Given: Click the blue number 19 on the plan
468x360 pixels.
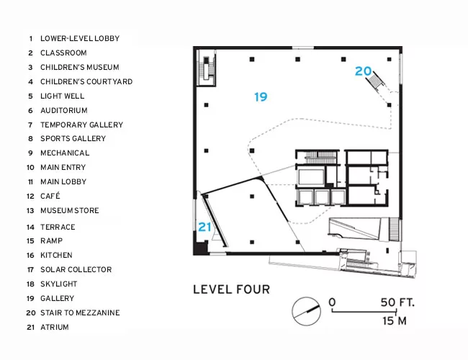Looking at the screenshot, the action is pos(261,96).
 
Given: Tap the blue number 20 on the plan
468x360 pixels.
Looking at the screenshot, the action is pos(363,71).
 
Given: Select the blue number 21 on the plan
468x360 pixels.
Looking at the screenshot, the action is pos(204,227).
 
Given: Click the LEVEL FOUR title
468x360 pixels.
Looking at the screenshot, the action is pos(231,289).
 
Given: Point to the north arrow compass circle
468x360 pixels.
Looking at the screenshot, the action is pos(306,311).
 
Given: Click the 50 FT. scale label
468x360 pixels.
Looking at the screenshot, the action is pos(397,302).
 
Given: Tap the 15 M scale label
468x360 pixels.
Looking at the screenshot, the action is pos(395,321).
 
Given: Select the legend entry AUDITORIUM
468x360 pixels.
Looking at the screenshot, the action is pos(64,110).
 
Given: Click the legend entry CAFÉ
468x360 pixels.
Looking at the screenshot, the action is pos(50,196).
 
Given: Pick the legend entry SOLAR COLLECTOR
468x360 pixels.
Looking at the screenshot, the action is pos(76,269).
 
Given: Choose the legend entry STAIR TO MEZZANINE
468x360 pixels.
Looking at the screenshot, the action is pos(80,312).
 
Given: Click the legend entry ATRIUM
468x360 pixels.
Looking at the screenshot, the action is pos(55,327).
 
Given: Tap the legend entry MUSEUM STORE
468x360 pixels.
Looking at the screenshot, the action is pos(70,210).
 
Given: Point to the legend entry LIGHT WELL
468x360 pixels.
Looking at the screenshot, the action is pos(63,96).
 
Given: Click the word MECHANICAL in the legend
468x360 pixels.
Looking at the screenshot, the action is pos(65,153).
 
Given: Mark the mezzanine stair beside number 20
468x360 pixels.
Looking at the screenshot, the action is pos(377,81).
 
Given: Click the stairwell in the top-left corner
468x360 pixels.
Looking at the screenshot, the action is pos(206,68).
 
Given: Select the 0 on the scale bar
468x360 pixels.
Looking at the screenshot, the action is pos(332,302).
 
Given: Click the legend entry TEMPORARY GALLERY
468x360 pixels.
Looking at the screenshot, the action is pos(82,125).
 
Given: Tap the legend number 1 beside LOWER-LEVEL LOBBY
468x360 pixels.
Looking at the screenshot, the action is pos(30,38).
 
